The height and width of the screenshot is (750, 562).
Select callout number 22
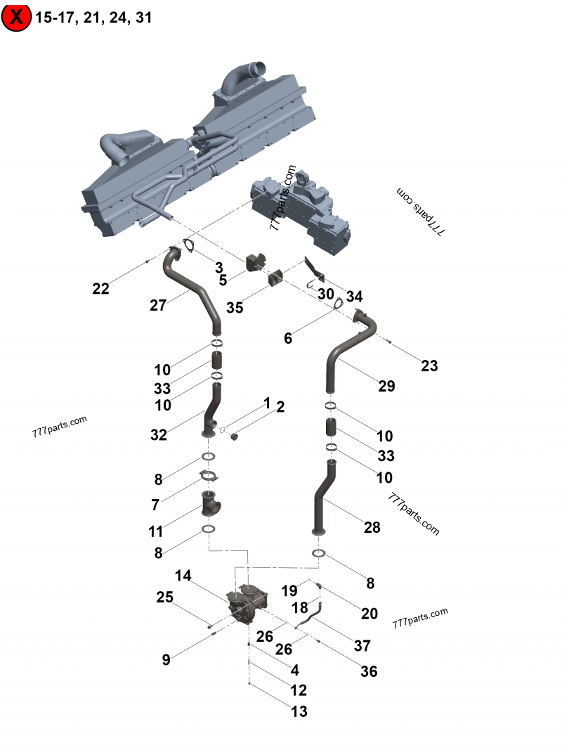coord(101,288)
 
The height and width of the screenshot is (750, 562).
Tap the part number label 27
coord(158,305)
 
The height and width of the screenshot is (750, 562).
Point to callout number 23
coord(429,366)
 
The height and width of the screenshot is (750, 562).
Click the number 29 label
coord(386,386)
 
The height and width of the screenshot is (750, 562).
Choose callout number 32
coord(158,435)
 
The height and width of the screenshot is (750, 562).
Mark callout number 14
coord(183,576)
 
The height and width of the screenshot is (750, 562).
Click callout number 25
coord(164,597)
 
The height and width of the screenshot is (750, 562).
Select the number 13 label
coord(299,711)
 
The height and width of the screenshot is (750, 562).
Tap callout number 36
coord(369,671)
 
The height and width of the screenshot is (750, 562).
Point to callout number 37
coord(362,645)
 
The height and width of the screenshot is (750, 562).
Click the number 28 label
coord(372,526)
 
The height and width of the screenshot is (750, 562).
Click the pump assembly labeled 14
coord(247,603)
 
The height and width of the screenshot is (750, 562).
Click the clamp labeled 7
coord(209,474)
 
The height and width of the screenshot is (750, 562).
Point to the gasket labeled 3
coord(188,245)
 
